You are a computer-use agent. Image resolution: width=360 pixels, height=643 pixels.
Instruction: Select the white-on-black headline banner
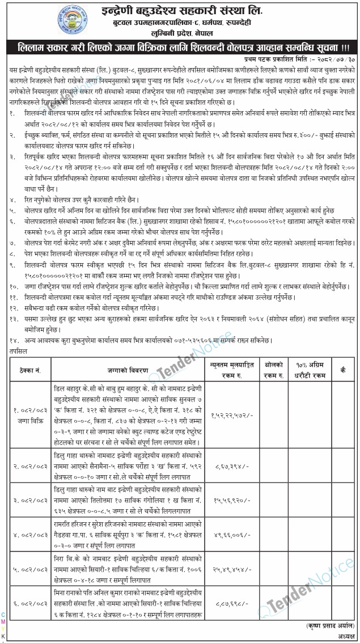coord(180,47)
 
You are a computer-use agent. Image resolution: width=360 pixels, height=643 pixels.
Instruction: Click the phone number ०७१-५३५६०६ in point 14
coord(196,340)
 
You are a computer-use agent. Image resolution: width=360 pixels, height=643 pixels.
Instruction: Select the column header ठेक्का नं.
coord(29,369)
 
